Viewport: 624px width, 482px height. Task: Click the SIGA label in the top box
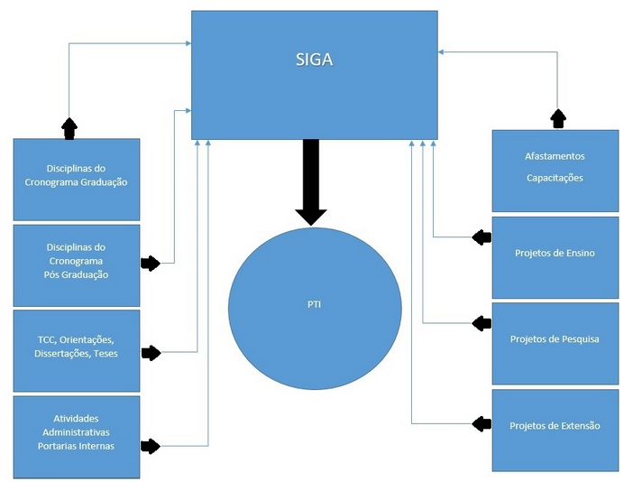(314, 60)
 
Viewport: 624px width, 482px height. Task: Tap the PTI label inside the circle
(314, 304)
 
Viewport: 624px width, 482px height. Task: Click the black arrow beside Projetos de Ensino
(482, 237)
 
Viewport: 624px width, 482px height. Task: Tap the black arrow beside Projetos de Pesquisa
(482, 322)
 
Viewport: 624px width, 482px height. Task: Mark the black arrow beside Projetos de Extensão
(482, 422)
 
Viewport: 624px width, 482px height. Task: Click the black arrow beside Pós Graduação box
(151, 264)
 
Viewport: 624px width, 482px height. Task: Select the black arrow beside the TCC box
(151, 352)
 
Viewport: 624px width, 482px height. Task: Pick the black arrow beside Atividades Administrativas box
(151, 445)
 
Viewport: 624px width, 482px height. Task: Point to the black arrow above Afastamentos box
(558, 118)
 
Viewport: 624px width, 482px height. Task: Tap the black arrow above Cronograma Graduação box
(69, 127)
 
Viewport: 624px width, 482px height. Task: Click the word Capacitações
(555, 178)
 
